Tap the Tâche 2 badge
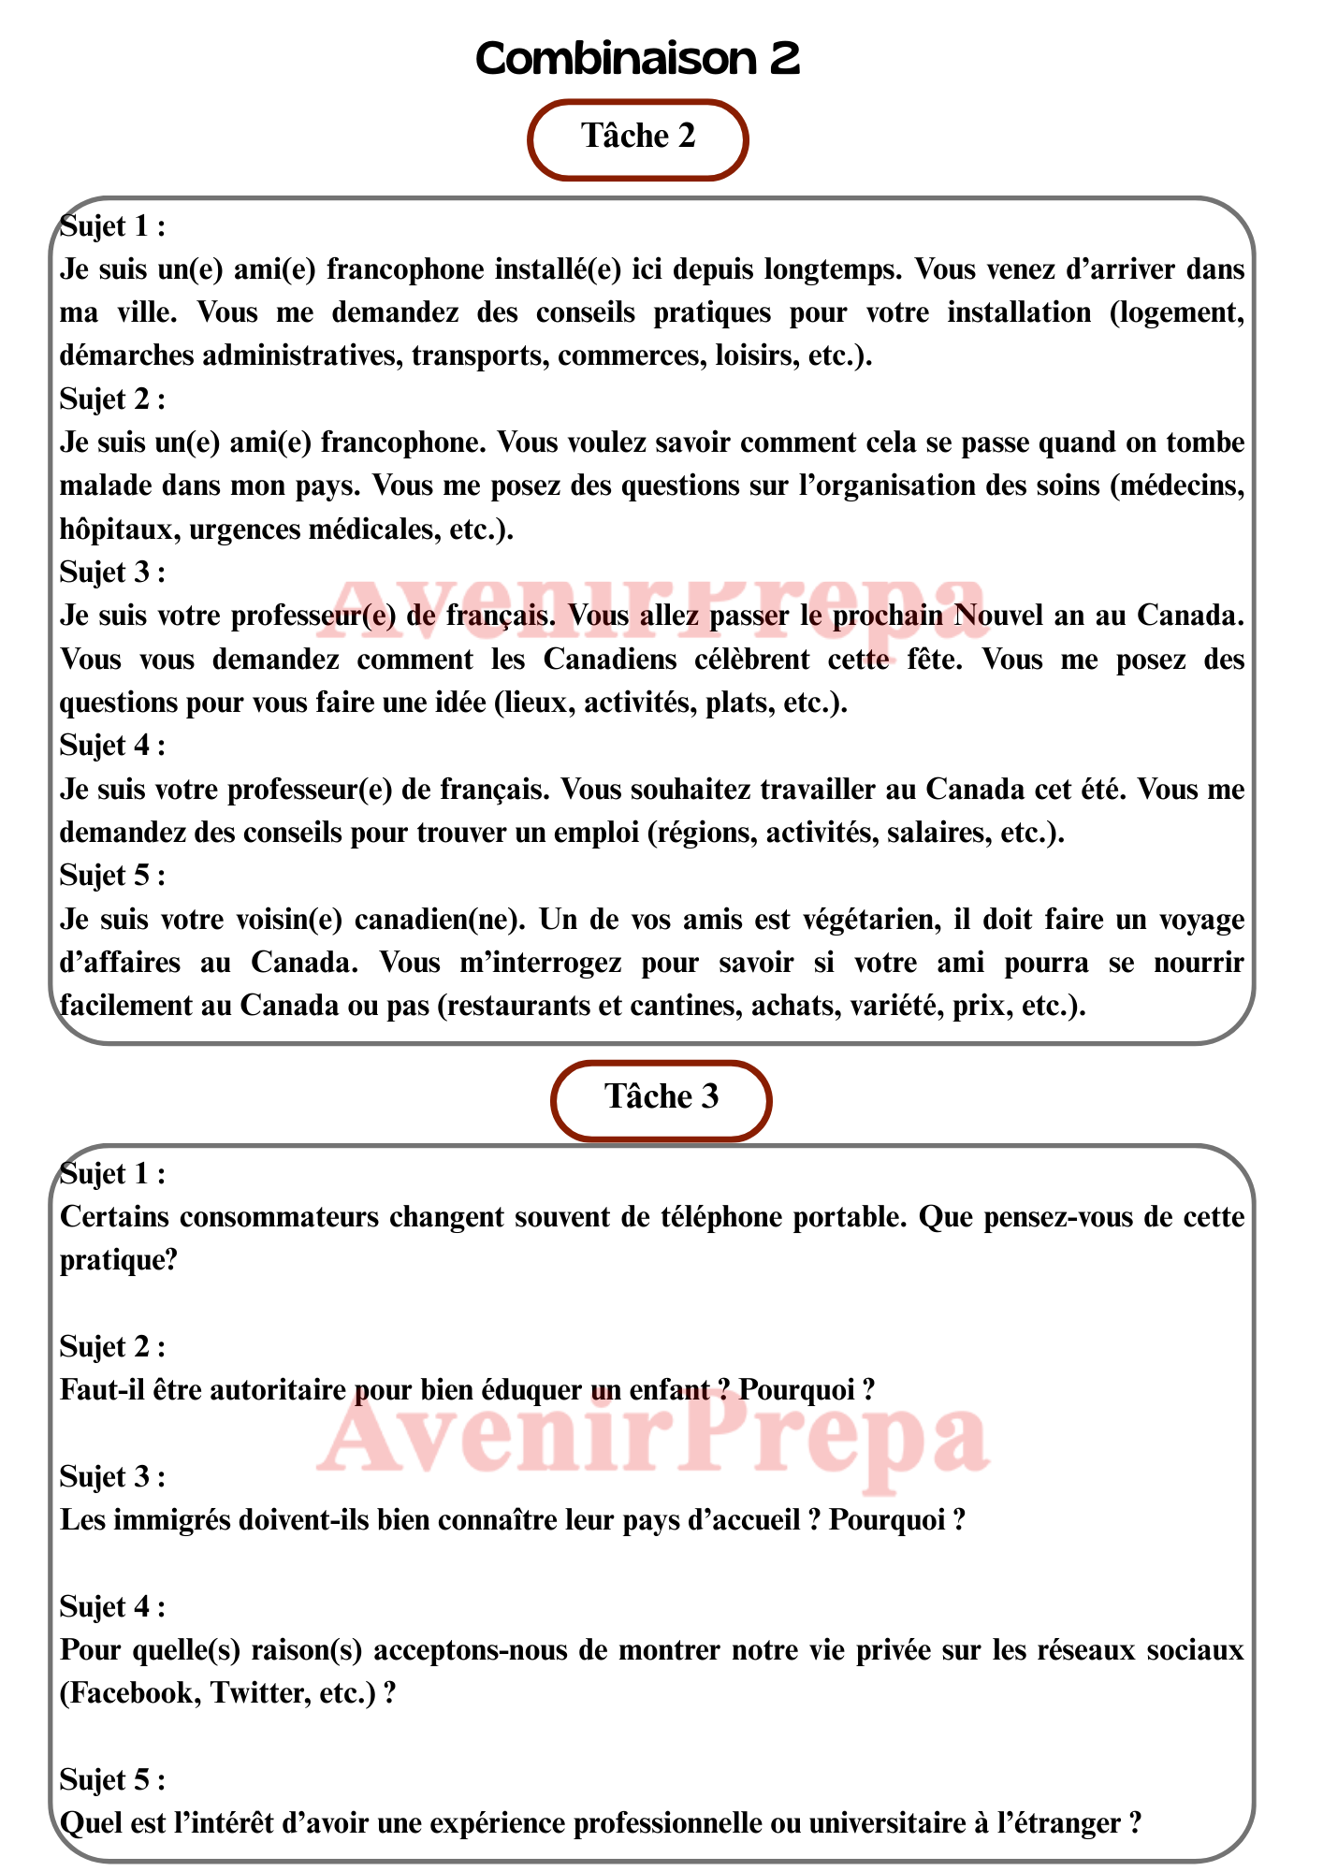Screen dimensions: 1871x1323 pos(638,137)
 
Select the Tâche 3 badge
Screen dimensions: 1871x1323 pos(661,1097)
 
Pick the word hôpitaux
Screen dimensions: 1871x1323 pos(118,529)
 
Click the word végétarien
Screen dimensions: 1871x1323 pos(866,920)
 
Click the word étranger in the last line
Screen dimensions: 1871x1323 pos(1061,1823)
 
